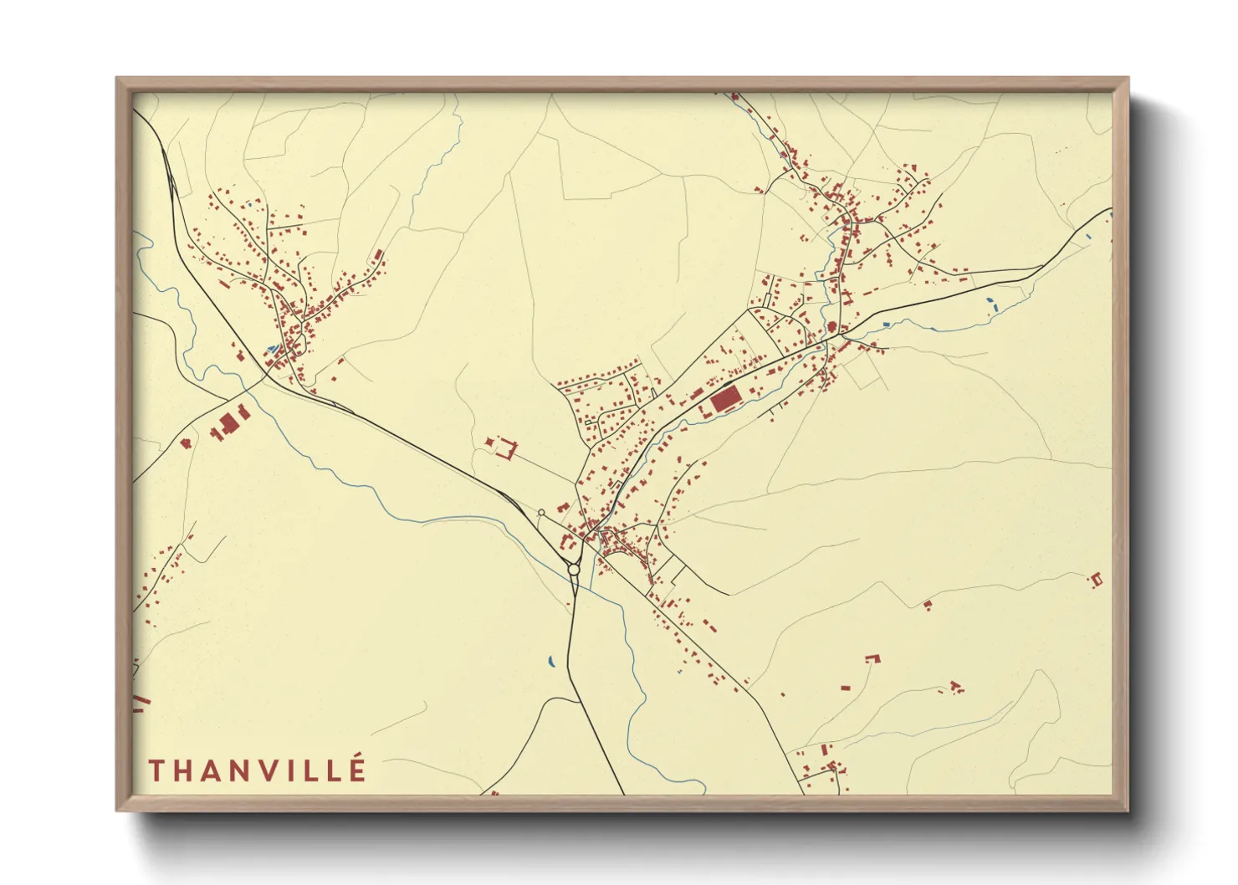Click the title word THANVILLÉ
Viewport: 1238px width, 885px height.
tap(257, 770)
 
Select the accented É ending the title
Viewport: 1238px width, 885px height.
tap(357, 769)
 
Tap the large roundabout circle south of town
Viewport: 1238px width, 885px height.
tap(574, 570)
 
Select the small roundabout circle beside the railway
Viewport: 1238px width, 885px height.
tap(541, 513)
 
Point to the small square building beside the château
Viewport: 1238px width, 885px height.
tap(489, 440)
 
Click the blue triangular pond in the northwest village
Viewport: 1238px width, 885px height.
tap(270, 348)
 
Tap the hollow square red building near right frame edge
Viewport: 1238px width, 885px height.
tap(1096, 578)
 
